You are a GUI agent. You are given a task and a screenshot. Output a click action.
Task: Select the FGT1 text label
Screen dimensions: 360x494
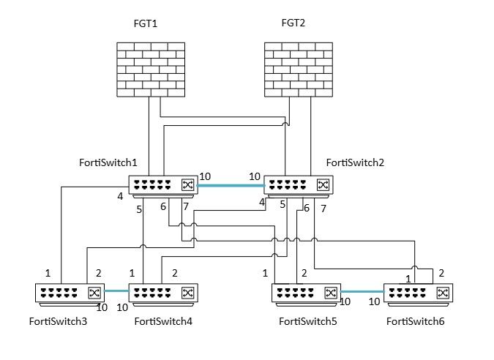[146, 24]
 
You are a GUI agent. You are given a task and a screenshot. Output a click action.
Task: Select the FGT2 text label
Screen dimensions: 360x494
[293, 23]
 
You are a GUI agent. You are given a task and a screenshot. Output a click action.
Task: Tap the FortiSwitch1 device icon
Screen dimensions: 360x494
[162, 186]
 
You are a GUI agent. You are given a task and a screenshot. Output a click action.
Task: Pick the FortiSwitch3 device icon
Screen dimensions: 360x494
[70, 293]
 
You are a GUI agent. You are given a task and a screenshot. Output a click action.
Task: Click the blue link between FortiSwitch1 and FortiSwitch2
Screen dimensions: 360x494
[230, 185]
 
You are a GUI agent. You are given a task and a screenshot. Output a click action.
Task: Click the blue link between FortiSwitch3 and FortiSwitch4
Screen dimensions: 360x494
[116, 291]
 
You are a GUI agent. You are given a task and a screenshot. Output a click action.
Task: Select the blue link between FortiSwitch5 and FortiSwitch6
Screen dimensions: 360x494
[362, 292]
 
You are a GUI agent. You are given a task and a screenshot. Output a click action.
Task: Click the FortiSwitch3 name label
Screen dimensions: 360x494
[58, 321]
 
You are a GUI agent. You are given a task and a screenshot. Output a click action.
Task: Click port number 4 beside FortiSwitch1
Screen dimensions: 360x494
[120, 196]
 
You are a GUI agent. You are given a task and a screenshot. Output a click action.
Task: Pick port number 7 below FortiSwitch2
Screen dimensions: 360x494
[323, 209]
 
